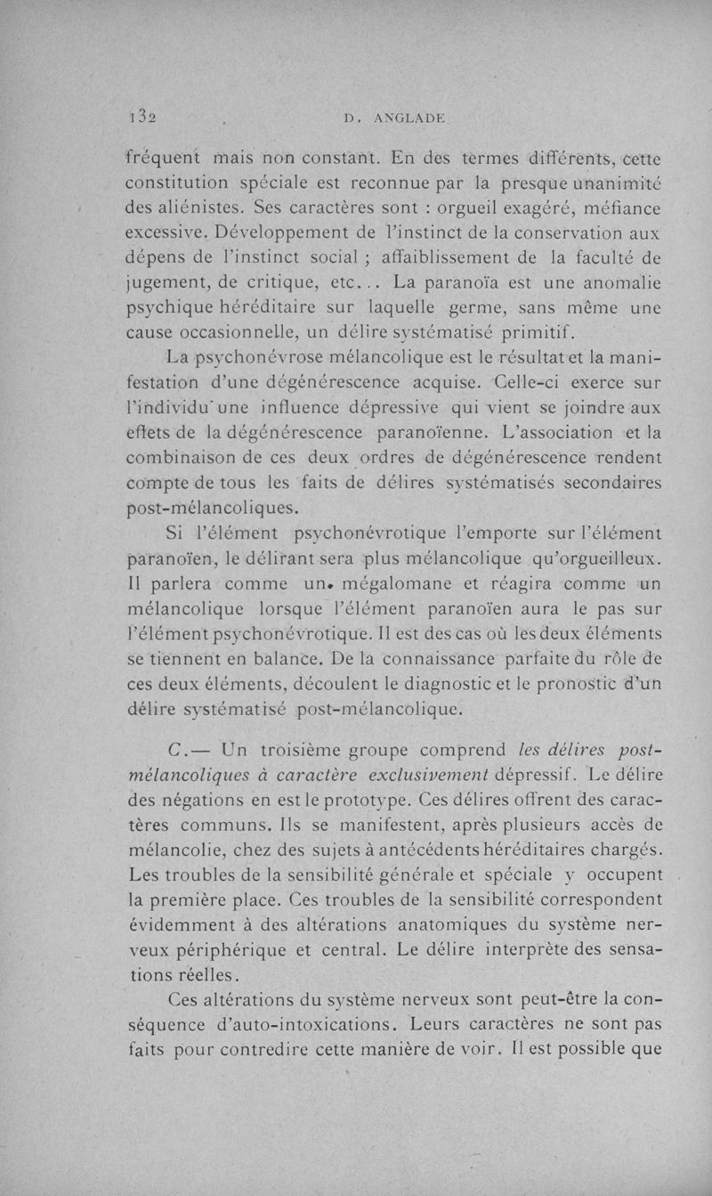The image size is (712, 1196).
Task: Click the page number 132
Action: click(x=142, y=116)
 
